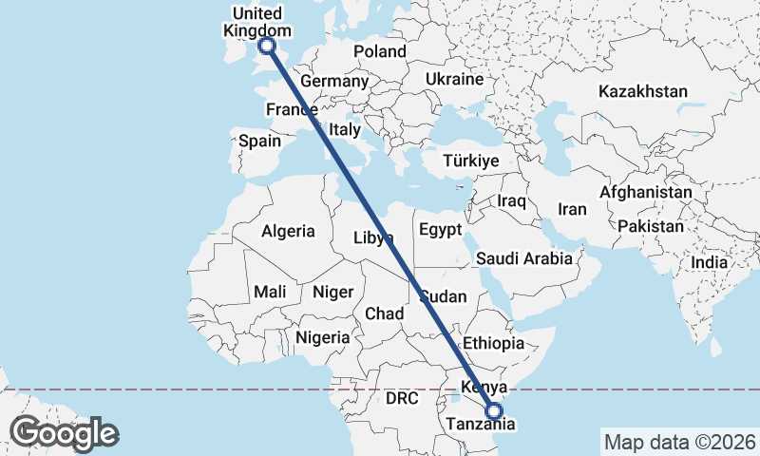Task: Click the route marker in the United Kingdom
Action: (267, 45)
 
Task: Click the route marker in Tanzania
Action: (494, 411)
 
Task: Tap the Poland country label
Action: (379, 51)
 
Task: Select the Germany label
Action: (334, 82)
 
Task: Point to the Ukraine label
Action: (454, 79)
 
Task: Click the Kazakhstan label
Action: (642, 92)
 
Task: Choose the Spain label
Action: (259, 141)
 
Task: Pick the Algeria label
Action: (288, 231)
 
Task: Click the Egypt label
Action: (440, 230)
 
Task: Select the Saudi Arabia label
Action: (524, 258)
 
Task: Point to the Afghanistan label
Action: (646, 192)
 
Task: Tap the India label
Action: (709, 262)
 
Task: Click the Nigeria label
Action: (323, 337)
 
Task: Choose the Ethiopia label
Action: (493, 343)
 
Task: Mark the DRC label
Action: (402, 399)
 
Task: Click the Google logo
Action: (64, 433)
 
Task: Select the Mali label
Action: (270, 292)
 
